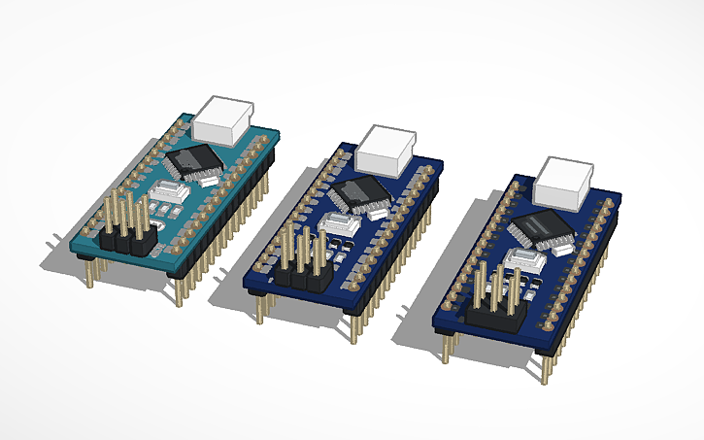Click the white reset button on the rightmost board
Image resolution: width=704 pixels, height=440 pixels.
click(x=518, y=261)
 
